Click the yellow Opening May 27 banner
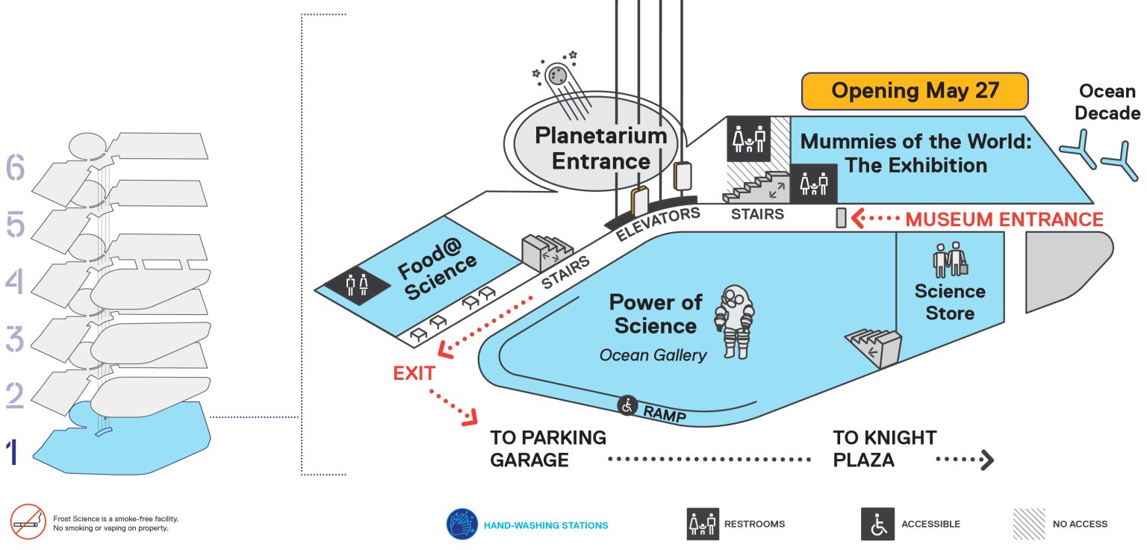click(x=915, y=91)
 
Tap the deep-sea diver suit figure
click(x=734, y=322)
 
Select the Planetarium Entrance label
click(x=601, y=149)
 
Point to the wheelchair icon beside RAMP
click(x=627, y=406)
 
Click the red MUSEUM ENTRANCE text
click(x=1004, y=219)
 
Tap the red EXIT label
click(x=414, y=373)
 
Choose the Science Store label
click(x=950, y=301)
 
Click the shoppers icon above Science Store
click(x=950, y=260)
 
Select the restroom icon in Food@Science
click(x=357, y=285)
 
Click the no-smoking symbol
click(x=28, y=522)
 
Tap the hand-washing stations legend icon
click(x=462, y=524)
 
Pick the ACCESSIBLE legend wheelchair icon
click(x=877, y=524)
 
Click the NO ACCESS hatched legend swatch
click(x=1029, y=524)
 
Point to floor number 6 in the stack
click(x=15, y=167)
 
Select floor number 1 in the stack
click(x=12, y=451)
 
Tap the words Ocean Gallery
click(x=653, y=355)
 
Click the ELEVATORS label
click(x=657, y=224)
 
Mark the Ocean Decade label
click(x=1107, y=101)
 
